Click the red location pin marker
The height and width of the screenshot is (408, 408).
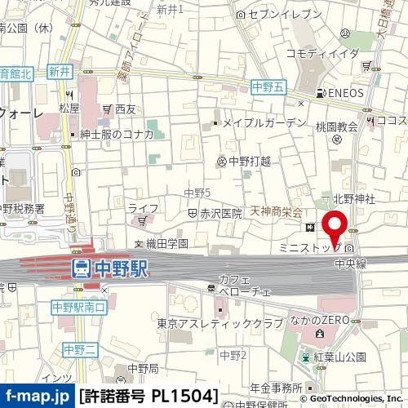tap(335, 225)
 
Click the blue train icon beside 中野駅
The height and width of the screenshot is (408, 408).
tap(82, 267)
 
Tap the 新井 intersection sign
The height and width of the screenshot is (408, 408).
tap(60, 72)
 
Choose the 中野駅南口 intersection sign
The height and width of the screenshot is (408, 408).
tap(78, 308)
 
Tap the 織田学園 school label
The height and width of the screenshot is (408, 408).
tap(166, 243)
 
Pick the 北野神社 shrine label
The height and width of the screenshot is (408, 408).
tap(353, 198)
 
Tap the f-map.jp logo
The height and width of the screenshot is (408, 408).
tap(37, 396)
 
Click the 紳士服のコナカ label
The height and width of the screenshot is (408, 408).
tap(122, 135)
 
